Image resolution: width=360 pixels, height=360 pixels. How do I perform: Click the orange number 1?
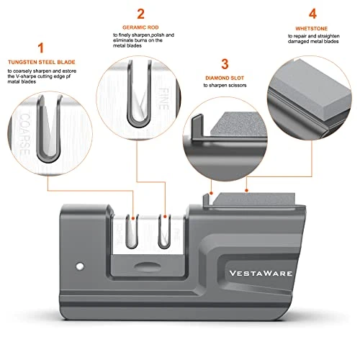41,48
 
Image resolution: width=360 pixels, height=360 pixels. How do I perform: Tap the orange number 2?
140,14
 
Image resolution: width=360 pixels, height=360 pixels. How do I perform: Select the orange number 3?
225,64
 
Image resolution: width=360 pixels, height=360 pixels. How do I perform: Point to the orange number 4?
312,14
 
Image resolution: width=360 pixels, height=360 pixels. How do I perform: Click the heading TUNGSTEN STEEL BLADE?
42,62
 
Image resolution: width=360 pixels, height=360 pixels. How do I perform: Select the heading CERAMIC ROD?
140,27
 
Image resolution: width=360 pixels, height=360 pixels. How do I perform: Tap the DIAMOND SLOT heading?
225,78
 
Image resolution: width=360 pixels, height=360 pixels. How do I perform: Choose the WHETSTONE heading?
312,29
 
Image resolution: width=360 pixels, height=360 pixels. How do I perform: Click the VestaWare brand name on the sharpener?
261,274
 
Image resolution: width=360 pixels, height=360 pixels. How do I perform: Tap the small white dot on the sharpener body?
80,266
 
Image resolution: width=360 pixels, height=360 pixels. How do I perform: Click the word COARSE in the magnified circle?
24,134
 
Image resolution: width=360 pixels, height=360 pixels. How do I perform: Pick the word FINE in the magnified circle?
163,99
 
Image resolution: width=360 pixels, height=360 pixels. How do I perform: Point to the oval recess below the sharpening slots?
148,266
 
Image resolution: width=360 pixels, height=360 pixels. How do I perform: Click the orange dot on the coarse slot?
133,218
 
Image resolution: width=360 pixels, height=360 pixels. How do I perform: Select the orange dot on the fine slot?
165,217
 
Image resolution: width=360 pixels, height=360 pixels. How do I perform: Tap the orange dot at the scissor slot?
211,193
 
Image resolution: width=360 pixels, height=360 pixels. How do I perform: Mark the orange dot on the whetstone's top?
246,190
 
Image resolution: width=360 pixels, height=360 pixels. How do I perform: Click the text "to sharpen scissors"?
225,86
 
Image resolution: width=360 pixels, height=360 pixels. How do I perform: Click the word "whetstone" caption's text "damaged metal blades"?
313,42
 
